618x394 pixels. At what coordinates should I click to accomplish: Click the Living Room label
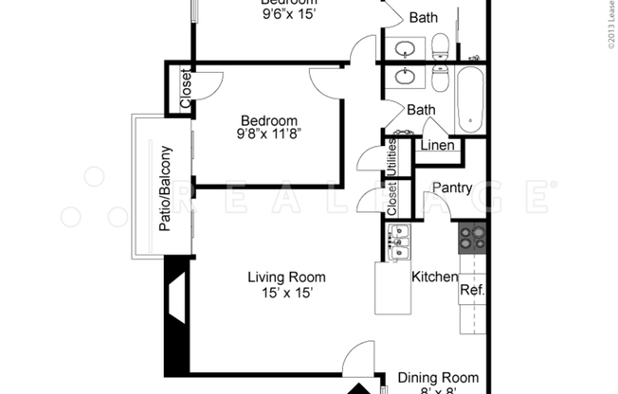tap(286, 278)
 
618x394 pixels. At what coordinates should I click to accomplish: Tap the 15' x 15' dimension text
tap(286, 294)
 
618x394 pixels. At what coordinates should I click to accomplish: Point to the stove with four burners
tap(472, 238)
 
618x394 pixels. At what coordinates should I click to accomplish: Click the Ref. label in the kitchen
tap(472, 290)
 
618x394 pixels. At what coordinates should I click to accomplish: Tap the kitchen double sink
tap(399, 242)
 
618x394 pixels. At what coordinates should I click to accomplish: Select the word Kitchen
tap(435, 278)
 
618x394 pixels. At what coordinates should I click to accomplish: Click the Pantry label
tap(452, 188)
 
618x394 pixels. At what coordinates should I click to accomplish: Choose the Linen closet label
tap(437, 146)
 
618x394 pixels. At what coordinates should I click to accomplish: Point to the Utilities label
tap(391, 157)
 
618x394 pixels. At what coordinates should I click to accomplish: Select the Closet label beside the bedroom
tap(185, 90)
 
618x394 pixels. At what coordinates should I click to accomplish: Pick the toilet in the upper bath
tap(440, 45)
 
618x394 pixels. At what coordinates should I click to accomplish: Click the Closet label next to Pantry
tap(391, 199)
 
